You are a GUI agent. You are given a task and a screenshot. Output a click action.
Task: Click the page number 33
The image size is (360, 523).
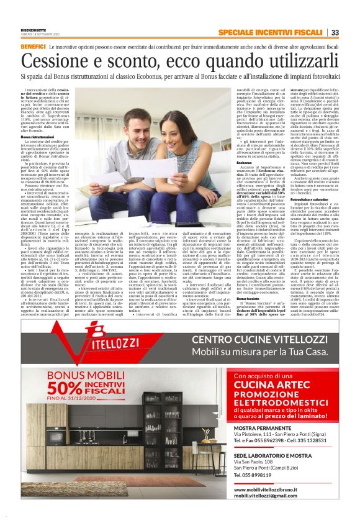coord(335,33)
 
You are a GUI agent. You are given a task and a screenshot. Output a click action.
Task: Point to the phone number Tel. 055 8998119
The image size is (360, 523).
coord(255,476)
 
